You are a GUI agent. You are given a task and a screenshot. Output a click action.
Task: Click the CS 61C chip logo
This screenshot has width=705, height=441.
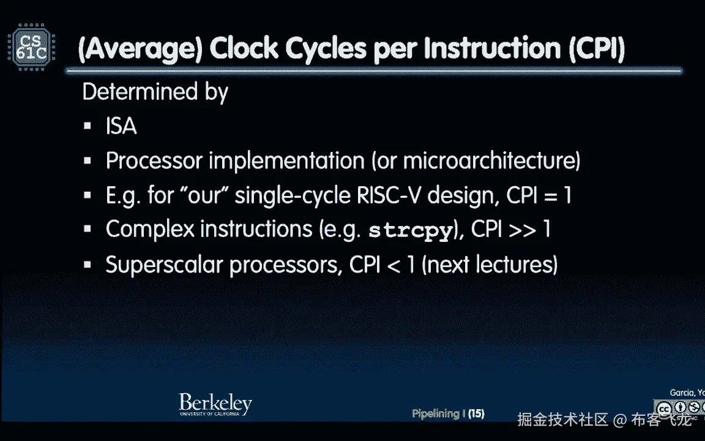coord(31,47)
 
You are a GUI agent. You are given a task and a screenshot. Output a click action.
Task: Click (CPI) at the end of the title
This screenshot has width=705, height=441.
coord(597,48)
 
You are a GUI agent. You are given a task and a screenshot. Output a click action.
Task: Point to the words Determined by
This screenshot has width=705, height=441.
coord(155,92)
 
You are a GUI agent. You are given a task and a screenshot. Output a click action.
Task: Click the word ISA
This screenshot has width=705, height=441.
coord(121,126)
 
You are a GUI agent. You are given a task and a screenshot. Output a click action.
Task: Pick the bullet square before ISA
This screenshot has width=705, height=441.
coord(88,126)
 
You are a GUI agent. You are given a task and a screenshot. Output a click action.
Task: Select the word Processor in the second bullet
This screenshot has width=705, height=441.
coord(154,160)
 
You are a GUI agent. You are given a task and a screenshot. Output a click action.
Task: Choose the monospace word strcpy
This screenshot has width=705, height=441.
coord(410,231)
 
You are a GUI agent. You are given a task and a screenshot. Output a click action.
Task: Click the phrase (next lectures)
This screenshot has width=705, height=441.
coord(490,265)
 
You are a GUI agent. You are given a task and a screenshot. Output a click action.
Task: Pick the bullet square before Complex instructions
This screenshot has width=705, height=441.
coord(88,229)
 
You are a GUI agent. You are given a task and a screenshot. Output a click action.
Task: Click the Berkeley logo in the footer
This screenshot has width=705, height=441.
coord(215,404)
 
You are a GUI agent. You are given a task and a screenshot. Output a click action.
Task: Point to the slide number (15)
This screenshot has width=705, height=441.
coord(476,413)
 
